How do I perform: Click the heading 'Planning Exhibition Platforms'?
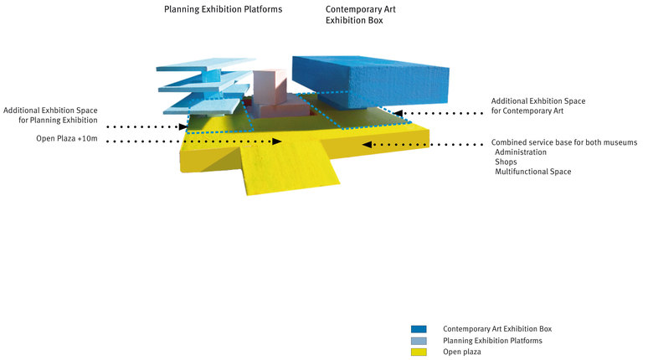tap(223, 10)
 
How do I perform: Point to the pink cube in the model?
tap(270, 87)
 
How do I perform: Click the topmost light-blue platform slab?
tap(206, 66)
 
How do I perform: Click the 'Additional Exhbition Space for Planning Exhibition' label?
tap(56, 116)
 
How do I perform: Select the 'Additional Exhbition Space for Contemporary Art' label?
tap(538, 106)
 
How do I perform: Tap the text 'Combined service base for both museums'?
tap(564, 142)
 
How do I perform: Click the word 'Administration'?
tap(521, 152)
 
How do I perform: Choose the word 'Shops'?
tap(506, 162)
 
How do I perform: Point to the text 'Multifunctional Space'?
tap(533, 172)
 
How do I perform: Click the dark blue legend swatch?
tap(419, 329)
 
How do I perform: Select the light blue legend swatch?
tap(419, 341)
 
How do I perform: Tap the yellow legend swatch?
tap(419, 352)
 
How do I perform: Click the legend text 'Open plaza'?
tap(463, 352)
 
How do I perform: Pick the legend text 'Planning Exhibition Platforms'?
tap(492, 341)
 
